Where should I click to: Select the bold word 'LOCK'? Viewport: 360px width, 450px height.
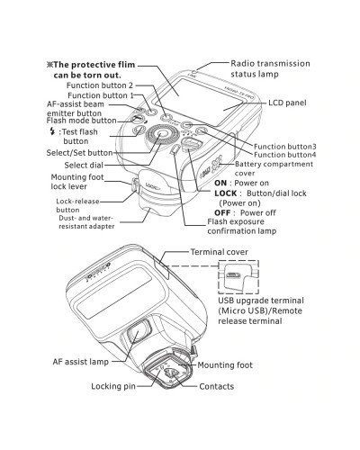coord(226,193)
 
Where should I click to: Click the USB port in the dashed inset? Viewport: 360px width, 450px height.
coord(233,276)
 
